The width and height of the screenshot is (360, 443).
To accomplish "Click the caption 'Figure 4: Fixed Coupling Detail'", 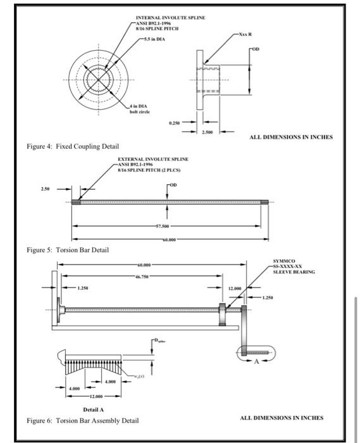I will click(x=68, y=146).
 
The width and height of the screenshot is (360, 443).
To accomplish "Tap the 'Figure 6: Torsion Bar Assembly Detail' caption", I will click(x=84, y=421).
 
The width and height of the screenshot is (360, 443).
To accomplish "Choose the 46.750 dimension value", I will click(x=140, y=277).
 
